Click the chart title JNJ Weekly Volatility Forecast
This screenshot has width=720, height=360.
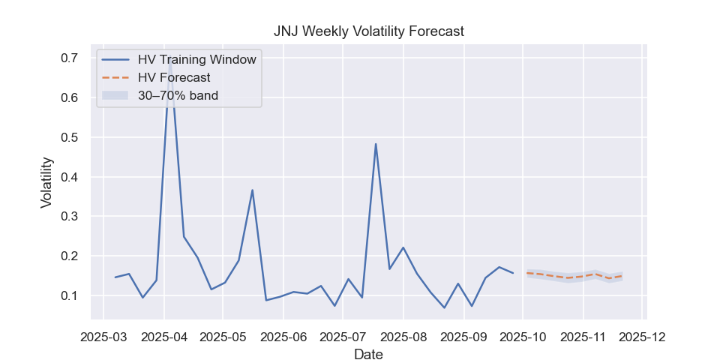(x=368, y=31)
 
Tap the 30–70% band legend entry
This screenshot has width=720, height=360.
(x=178, y=95)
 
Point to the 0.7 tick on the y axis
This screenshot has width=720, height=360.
(x=69, y=58)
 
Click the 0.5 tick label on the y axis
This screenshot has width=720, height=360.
(x=69, y=138)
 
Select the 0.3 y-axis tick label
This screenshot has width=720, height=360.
(x=69, y=217)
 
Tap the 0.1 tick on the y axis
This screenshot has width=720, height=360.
(x=69, y=296)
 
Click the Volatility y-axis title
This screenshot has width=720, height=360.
(x=46, y=182)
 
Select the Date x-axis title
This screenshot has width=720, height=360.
(x=368, y=354)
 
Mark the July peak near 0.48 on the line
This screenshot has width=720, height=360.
(x=376, y=144)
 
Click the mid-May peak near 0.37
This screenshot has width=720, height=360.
(x=252, y=190)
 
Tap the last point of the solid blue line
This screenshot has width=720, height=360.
(x=513, y=273)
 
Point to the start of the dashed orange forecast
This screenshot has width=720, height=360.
(x=527, y=273)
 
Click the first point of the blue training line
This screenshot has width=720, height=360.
(x=115, y=277)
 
